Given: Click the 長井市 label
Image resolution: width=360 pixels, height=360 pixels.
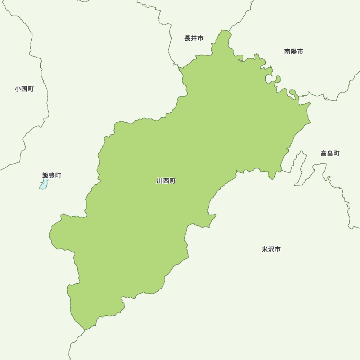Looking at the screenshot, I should pyautogui.click(x=194, y=38).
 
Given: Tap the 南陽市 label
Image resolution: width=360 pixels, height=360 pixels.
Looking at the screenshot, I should pyautogui.click(x=293, y=51).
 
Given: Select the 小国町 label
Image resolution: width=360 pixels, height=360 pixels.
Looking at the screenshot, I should pyautogui.click(x=24, y=89).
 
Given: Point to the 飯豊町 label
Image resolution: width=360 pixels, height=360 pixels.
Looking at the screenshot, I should pyautogui.click(x=51, y=175).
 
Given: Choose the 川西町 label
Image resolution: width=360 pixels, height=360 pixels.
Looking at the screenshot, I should pyautogui.click(x=166, y=181).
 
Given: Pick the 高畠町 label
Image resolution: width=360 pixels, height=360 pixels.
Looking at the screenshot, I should pyautogui.click(x=330, y=153).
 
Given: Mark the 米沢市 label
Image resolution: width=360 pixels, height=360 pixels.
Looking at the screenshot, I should pyautogui.click(x=271, y=249).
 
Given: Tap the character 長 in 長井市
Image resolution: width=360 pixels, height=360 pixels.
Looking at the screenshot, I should pyautogui.click(x=188, y=38).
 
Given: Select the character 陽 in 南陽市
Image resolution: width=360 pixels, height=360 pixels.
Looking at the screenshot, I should pyautogui.click(x=293, y=51).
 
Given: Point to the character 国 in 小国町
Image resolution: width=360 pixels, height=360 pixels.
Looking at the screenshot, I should pyautogui.click(x=24, y=89).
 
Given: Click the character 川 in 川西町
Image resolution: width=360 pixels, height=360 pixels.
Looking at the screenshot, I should pyautogui.click(x=160, y=181).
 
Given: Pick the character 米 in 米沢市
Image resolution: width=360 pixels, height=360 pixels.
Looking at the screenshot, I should pyautogui.click(x=265, y=249).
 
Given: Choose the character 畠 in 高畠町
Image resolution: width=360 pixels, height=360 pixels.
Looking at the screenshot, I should pyautogui.click(x=330, y=153).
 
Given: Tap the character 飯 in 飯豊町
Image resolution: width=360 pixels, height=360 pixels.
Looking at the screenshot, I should pyautogui.click(x=45, y=175).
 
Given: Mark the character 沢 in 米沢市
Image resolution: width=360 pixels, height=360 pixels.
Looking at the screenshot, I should pyautogui.click(x=271, y=249).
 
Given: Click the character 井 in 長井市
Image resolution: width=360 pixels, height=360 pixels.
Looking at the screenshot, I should pyautogui.click(x=194, y=38).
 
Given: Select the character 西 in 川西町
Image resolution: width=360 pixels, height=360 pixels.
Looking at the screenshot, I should pyautogui.click(x=166, y=181).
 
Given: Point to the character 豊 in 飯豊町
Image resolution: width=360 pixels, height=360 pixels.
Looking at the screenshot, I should pyautogui.click(x=51, y=175).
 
